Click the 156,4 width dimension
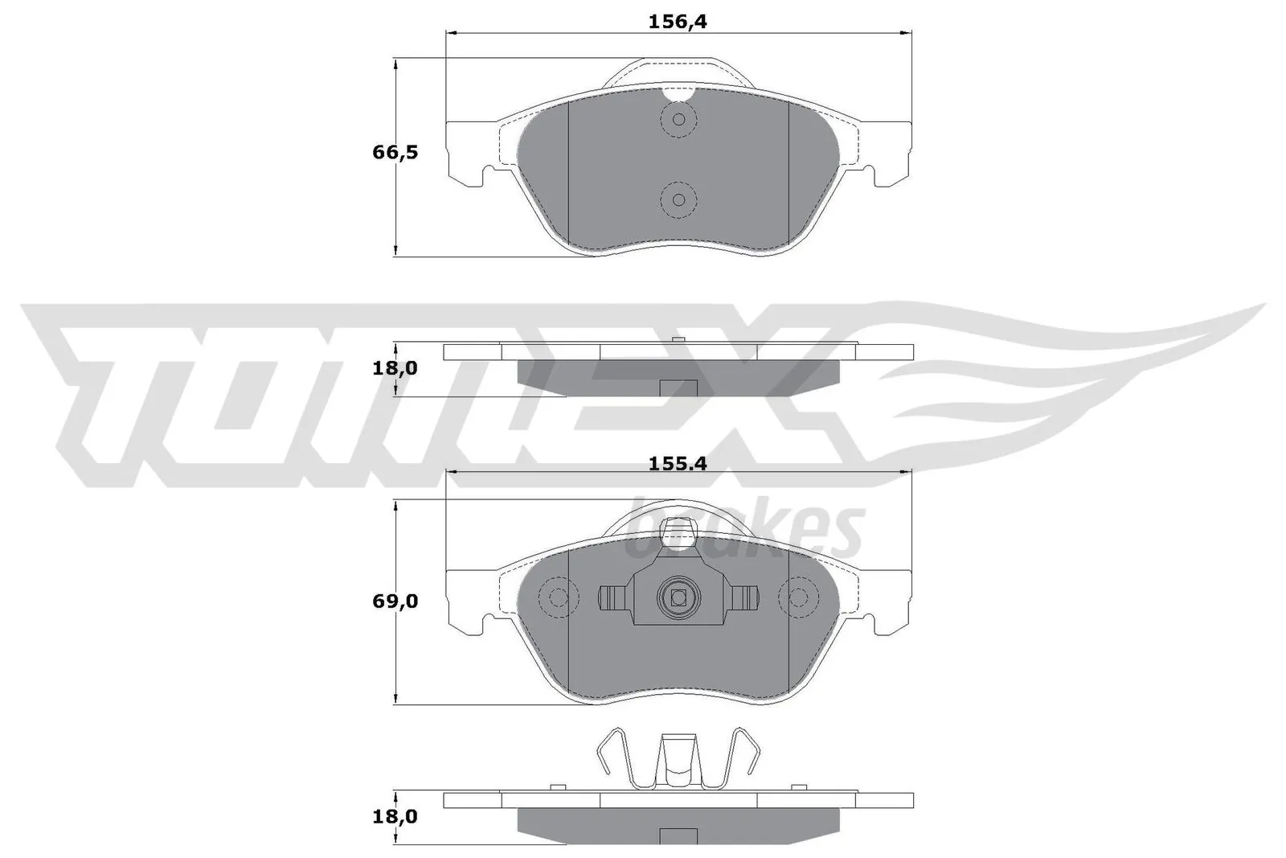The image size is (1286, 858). (677, 23)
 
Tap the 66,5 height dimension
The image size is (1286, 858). (395, 152)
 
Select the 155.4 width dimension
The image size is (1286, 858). (677, 464)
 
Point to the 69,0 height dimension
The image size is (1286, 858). (395, 601)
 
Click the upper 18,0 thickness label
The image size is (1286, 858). (395, 368)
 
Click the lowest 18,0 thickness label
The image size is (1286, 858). (395, 816)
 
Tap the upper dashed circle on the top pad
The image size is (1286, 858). (678, 121)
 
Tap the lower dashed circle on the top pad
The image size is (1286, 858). (678, 199)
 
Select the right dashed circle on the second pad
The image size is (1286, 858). (798, 597)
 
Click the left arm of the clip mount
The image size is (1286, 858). (614, 597)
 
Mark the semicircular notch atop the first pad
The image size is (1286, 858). (678, 94)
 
